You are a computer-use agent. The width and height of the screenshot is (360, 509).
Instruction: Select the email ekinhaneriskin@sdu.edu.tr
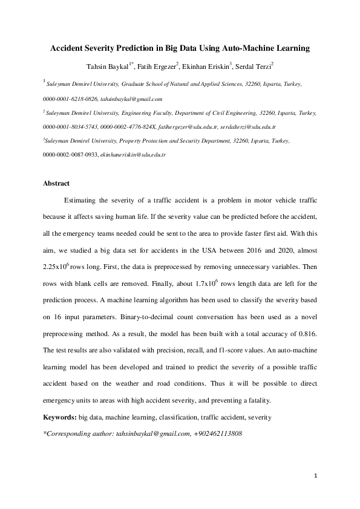click(133, 155)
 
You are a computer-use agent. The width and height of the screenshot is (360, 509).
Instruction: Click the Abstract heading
click(56, 183)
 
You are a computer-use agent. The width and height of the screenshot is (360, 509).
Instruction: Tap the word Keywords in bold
click(59, 417)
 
